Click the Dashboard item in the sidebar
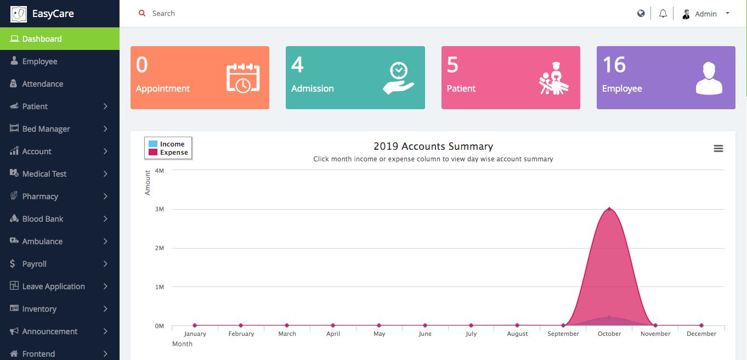(42, 39)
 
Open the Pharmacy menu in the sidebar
(40, 196)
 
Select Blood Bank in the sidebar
(43, 219)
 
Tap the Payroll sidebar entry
(34, 264)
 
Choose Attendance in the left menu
(42, 84)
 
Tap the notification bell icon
(663, 14)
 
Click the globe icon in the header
(641, 14)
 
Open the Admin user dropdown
(706, 14)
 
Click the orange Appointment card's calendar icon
(243, 78)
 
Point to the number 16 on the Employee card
(614, 65)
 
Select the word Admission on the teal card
(312, 88)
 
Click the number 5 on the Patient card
(452, 65)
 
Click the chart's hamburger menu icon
(718, 149)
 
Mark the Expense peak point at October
(609, 209)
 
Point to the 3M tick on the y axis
(160, 210)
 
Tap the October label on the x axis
(609, 334)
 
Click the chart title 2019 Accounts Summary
(433, 147)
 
